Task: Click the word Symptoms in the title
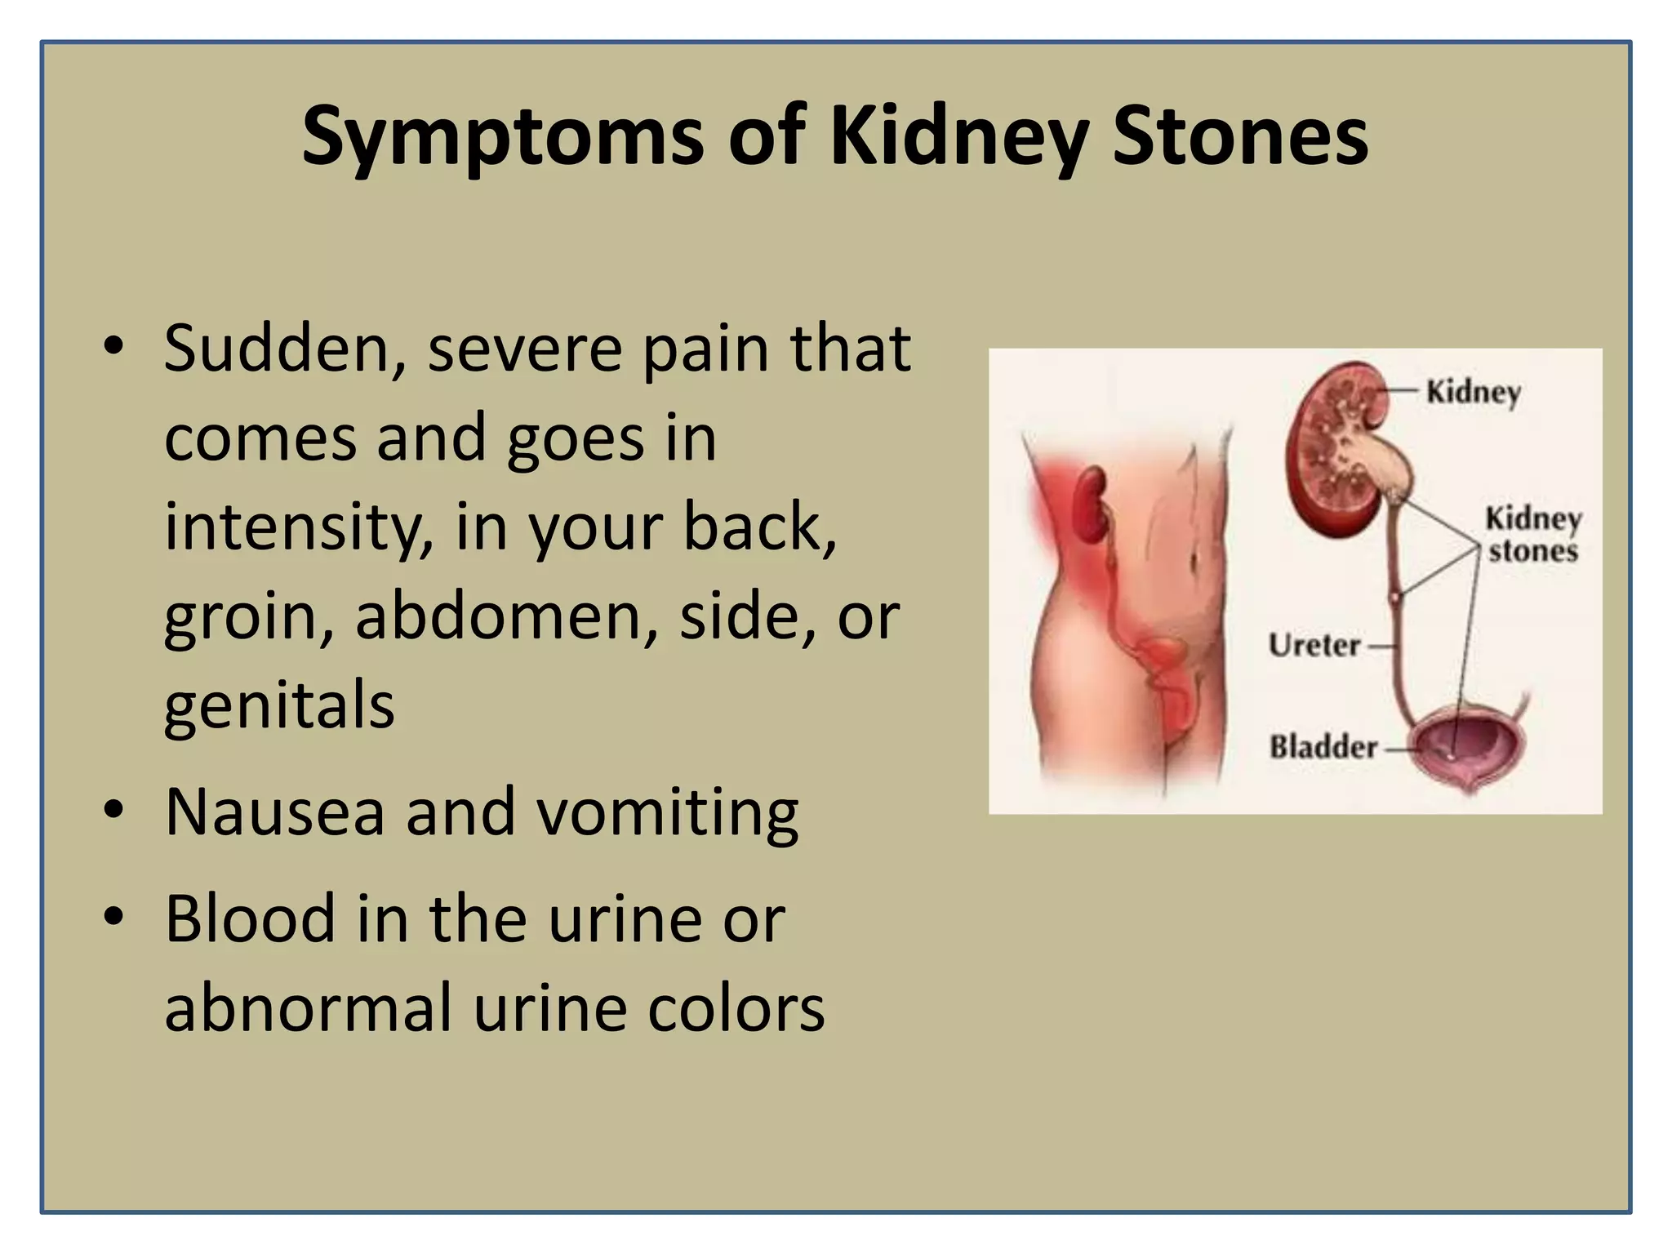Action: [x=502, y=137]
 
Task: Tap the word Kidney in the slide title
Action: [x=958, y=137]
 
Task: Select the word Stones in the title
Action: [x=1240, y=136]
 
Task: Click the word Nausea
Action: [x=275, y=812]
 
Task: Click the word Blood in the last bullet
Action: [x=250, y=919]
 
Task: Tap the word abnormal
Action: [x=308, y=1008]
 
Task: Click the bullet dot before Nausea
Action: [x=113, y=810]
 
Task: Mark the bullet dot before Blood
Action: [x=113, y=916]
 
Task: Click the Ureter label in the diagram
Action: [x=1314, y=646]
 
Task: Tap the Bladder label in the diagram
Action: [x=1323, y=746]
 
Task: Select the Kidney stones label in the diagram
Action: [x=1532, y=535]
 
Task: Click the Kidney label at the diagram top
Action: [x=1473, y=392]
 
